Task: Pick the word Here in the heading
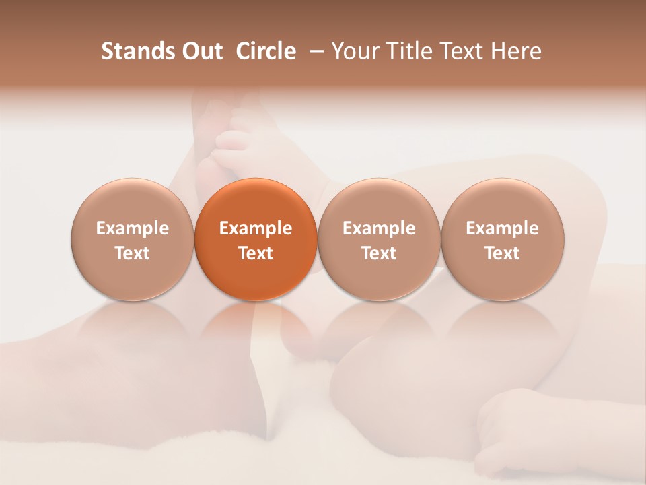pos(517,51)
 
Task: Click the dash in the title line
pos(314,51)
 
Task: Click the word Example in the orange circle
pos(256,228)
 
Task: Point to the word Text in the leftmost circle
pos(133,253)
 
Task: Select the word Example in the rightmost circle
pos(502,228)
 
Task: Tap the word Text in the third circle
pos(379,253)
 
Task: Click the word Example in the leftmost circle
pos(133,228)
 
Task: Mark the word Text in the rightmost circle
pos(502,253)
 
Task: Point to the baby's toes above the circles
pos(232,138)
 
